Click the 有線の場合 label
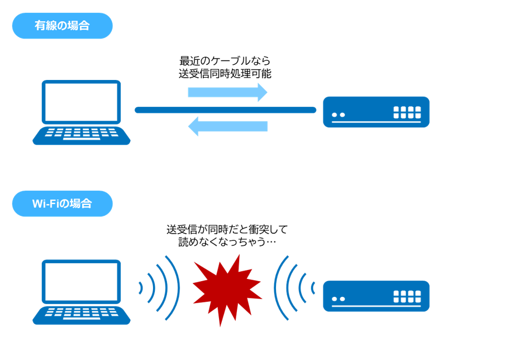[62, 26]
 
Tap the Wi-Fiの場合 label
[62, 203]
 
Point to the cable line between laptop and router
[225, 110]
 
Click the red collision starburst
[226, 289]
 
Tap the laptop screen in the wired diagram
[81, 102]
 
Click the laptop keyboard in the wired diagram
[81, 135]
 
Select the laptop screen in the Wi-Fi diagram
[81, 281]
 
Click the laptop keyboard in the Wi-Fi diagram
[81, 314]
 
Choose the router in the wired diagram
[376, 112]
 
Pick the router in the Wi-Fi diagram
[376, 296]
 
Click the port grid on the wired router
[407, 112]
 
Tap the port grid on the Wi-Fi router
[407, 296]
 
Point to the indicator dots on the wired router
[338, 115]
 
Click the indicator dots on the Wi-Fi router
[338, 299]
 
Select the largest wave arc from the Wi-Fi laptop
[177, 288]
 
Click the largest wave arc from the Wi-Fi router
[277, 288]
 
